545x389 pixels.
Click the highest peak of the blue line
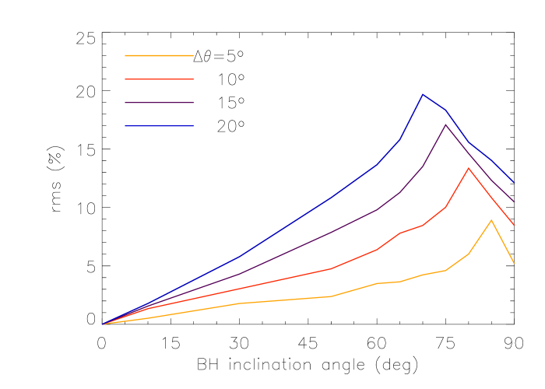[423, 94]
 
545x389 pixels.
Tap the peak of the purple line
[445, 124]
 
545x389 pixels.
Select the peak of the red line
[469, 168]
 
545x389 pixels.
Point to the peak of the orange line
[491, 220]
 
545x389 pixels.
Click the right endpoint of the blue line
[514, 184]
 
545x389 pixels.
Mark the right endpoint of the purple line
[514, 202]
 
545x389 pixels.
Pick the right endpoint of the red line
[514, 225]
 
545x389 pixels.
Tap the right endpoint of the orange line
[514, 263]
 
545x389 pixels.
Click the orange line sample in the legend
[159, 55]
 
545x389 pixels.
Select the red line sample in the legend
[159, 79]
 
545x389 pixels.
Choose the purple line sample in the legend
[159, 103]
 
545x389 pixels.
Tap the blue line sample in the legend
[159, 126]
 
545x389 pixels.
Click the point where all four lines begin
[103, 324]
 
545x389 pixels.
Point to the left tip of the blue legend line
[125, 126]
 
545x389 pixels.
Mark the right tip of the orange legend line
[193, 55]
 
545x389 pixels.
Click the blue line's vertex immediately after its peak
[445, 110]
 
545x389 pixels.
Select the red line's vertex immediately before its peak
[445, 207]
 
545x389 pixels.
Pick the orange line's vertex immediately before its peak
[469, 254]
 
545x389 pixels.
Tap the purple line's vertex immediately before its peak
[423, 166]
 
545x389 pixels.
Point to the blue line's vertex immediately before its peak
[400, 138]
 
